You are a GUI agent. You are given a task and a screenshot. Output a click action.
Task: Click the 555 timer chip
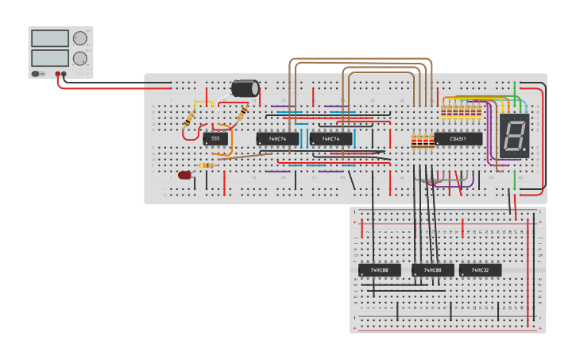(x=215, y=139)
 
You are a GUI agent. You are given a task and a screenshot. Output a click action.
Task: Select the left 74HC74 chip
(x=276, y=139)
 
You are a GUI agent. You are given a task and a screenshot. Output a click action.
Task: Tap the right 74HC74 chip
(x=331, y=139)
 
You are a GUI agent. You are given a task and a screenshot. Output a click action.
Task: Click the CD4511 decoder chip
(x=458, y=139)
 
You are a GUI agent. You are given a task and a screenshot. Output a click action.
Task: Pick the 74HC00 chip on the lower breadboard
(x=379, y=270)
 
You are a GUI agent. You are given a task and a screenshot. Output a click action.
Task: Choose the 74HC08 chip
(x=433, y=270)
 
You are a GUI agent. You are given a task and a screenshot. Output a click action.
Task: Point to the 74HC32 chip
(x=480, y=270)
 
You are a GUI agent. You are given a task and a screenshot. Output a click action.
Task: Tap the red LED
(x=185, y=175)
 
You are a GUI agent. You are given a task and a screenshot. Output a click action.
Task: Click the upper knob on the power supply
(x=80, y=38)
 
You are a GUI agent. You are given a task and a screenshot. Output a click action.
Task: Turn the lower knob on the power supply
(x=80, y=58)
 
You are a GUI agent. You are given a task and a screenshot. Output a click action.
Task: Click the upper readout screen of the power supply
(x=49, y=38)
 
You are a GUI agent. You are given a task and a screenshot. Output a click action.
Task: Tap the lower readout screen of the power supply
(x=49, y=58)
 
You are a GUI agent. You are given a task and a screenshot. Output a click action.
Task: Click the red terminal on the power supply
(x=58, y=73)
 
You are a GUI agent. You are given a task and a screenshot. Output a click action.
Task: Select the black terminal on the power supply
(x=65, y=73)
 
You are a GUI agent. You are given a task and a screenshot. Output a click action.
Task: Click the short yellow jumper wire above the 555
(x=203, y=102)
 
